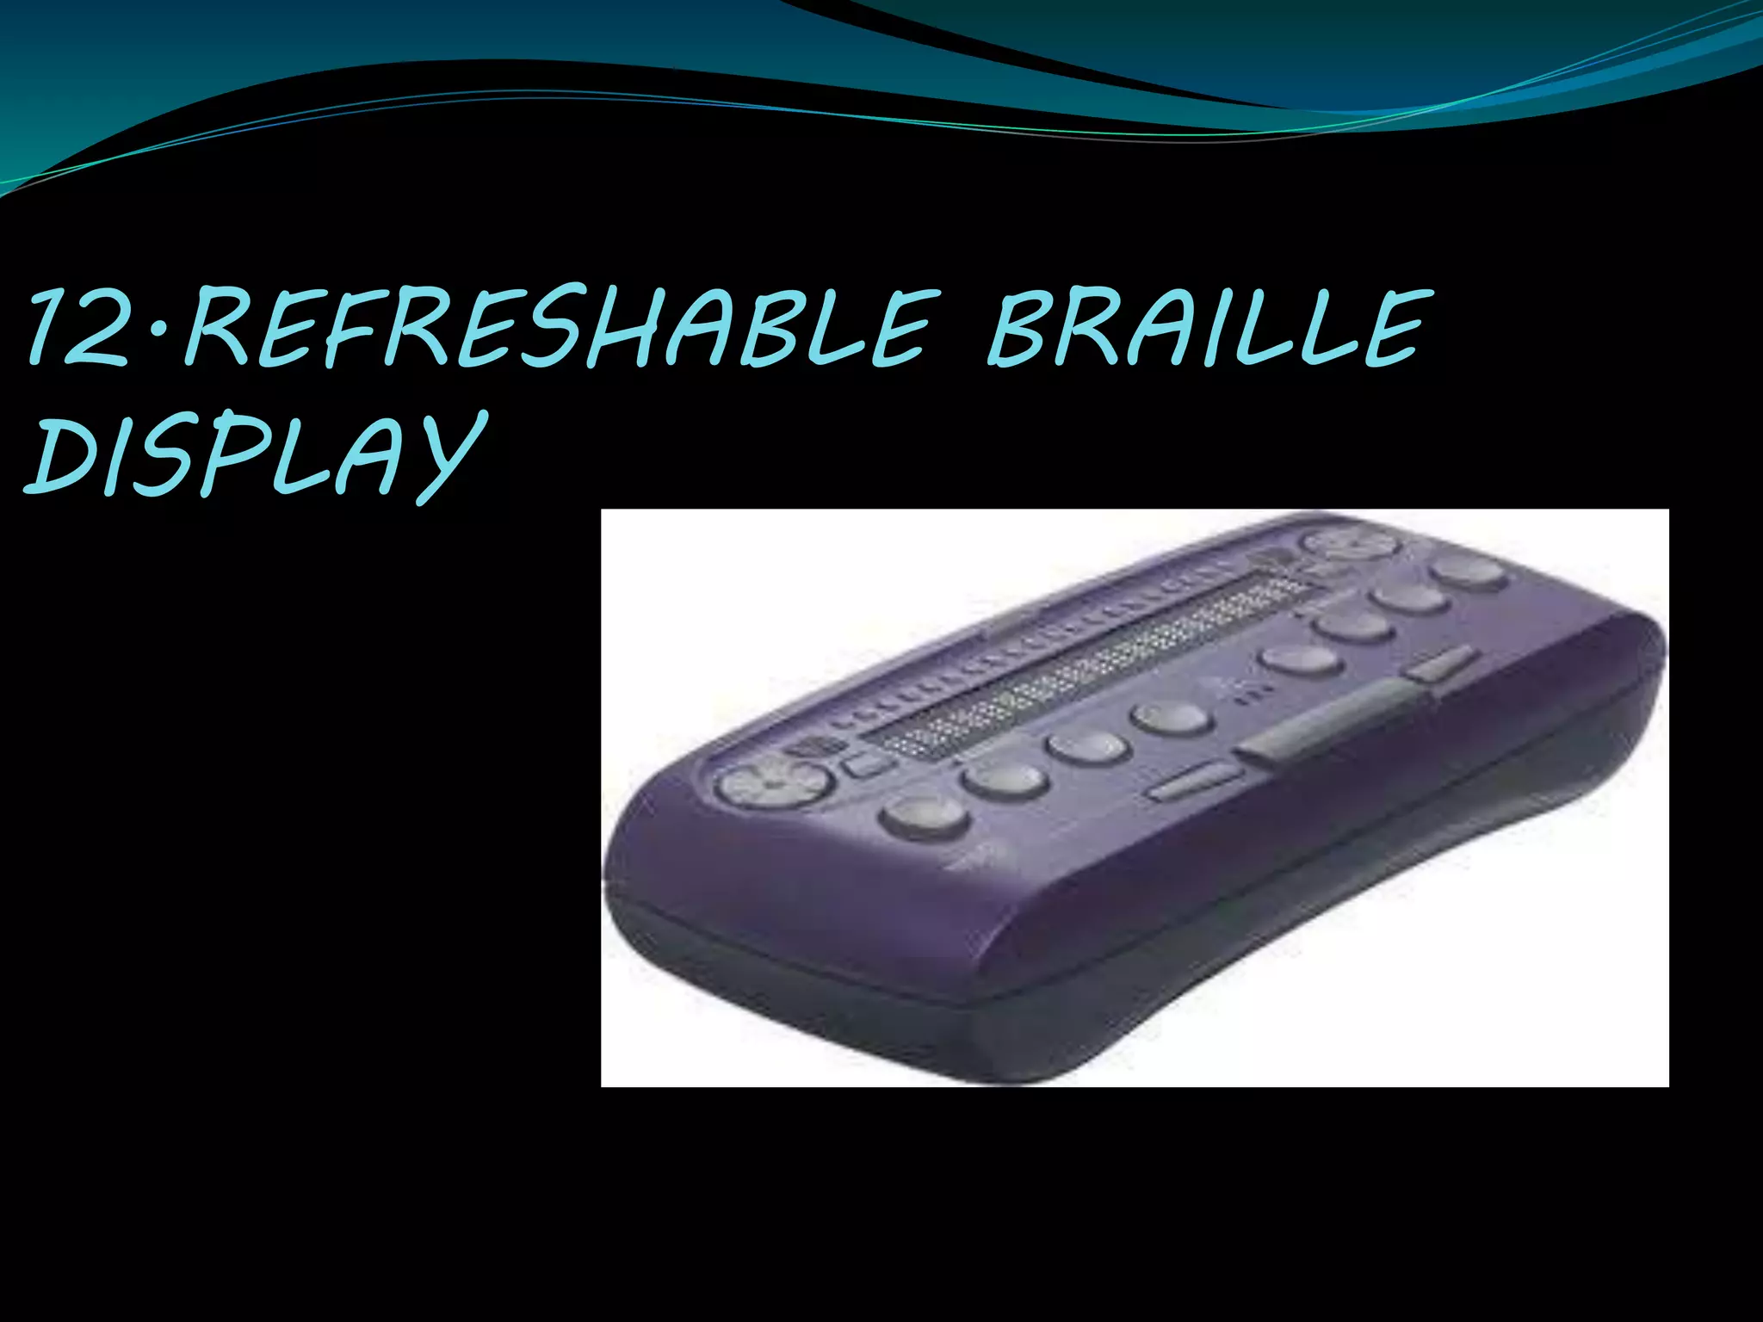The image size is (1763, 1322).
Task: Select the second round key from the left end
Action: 1005,779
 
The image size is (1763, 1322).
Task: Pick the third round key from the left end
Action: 1087,746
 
